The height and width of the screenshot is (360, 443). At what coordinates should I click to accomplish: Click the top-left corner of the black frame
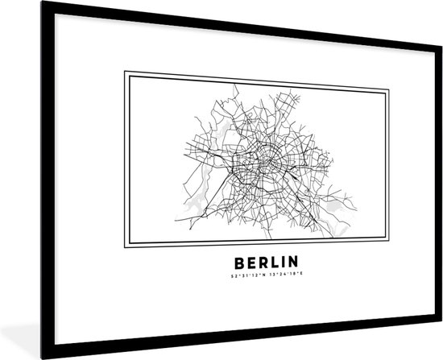click(3, 4)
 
